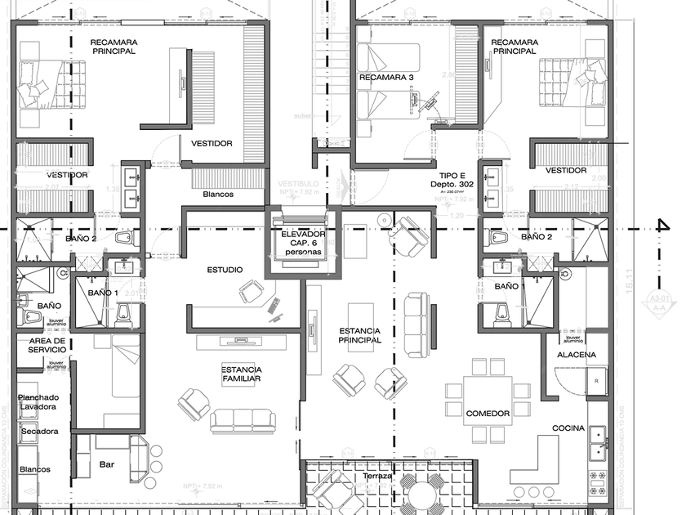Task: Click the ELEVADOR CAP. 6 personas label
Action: [303, 243]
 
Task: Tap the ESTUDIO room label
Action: [225, 269]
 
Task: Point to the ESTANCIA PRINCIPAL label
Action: [360, 334]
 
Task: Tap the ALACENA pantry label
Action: [577, 355]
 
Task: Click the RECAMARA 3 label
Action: [387, 78]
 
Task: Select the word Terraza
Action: [378, 476]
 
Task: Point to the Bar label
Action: [107, 463]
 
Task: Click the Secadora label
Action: [40, 431]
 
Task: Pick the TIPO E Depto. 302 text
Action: [452, 181]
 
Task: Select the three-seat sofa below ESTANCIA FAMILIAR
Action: [243, 420]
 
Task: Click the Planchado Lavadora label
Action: [38, 401]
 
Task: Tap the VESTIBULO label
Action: [298, 185]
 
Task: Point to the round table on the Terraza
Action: [421, 495]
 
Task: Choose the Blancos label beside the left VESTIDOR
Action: [218, 195]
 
